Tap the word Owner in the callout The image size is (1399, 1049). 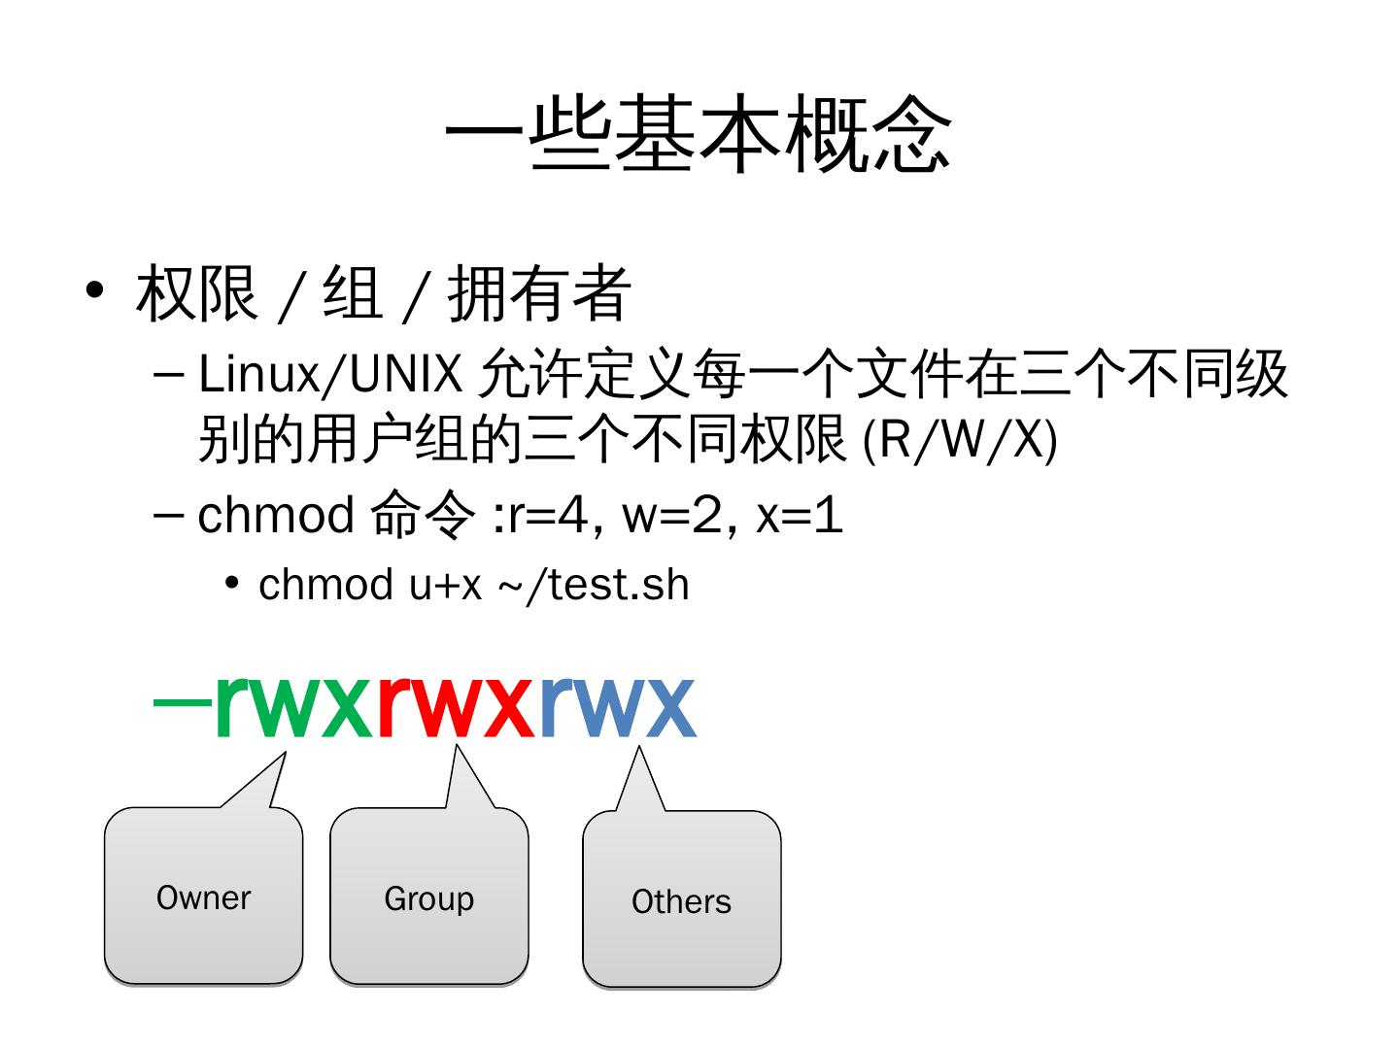203,897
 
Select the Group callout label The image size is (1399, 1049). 428,898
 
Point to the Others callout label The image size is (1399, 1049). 681,901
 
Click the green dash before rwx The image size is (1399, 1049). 183,703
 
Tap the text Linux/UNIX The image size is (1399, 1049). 329,374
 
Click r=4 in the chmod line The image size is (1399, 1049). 548,515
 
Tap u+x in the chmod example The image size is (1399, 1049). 445,585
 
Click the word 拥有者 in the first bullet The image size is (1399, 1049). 540,293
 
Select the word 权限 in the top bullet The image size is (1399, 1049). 197,293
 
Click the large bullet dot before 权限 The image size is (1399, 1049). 94,290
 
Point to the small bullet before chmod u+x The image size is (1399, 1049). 231,583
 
